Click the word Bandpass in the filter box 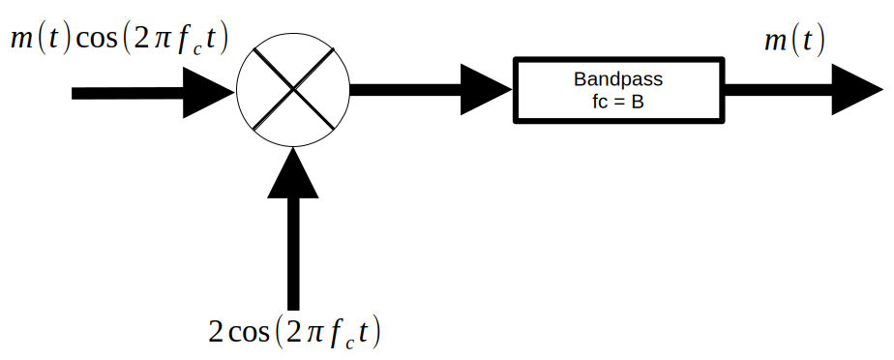coord(618,80)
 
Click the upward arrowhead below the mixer coord(293,174)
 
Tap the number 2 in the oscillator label coord(218,333)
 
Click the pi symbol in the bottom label coord(312,334)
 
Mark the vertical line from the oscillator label coord(293,252)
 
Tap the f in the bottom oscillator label coord(335,333)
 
